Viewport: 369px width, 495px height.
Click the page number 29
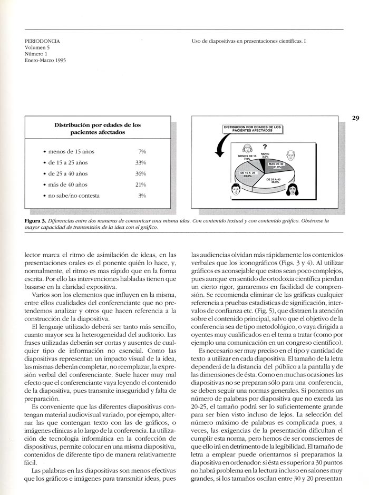pyautogui.click(x=356, y=118)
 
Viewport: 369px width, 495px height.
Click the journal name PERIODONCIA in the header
pyautogui.click(x=43, y=41)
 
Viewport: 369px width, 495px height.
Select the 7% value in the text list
pyautogui.click(x=142, y=152)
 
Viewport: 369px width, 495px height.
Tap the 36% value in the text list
pyautogui.click(x=140, y=173)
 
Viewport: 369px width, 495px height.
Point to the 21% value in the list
pyautogui.click(x=140, y=185)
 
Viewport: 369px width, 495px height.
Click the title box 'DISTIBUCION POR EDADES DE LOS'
pyautogui.click(x=252, y=128)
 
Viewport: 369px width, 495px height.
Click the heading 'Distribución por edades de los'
pyautogui.click(x=98, y=125)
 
